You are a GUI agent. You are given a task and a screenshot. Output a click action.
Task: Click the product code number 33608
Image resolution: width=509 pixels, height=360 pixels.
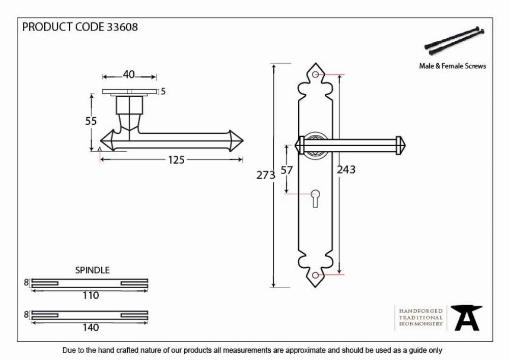tap(122, 27)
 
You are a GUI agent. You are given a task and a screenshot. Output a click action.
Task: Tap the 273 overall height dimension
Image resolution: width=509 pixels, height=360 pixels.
tap(266, 175)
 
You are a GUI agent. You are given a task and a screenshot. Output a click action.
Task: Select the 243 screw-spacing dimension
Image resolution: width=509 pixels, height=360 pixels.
tap(346, 170)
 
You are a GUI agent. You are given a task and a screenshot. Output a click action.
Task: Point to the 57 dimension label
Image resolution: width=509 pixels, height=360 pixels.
tap(287, 170)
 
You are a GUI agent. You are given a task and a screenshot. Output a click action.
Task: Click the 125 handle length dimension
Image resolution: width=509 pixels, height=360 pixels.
tap(176, 160)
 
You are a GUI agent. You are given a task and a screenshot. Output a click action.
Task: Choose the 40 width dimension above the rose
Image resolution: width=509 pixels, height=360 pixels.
tap(129, 75)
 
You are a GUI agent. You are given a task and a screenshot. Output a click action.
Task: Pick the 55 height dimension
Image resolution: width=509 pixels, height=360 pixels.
tap(91, 121)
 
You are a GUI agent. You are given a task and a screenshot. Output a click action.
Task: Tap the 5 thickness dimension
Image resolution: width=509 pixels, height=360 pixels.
tap(163, 92)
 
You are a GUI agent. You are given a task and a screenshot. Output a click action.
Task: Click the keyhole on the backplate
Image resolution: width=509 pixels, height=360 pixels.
tap(315, 199)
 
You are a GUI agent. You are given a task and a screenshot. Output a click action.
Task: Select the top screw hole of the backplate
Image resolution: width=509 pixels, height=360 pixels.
tap(315, 74)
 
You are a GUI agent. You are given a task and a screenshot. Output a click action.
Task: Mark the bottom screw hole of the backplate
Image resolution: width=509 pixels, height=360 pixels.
tap(315, 275)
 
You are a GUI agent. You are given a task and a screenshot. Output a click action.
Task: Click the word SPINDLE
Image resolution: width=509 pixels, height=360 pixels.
tap(92, 270)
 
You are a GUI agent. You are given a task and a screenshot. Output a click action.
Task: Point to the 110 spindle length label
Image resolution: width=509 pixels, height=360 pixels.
tap(91, 295)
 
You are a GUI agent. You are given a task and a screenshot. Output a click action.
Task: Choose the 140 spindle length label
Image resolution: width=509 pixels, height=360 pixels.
tap(91, 327)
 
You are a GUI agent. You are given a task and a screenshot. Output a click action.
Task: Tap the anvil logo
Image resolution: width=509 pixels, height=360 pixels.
tap(467, 318)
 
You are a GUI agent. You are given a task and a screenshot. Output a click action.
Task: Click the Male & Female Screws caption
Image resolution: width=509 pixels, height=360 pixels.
tap(453, 66)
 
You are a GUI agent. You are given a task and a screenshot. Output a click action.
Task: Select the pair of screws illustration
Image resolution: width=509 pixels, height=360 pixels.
tap(454, 41)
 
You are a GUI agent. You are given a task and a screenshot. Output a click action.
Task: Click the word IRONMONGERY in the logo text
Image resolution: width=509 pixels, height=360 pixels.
tap(421, 324)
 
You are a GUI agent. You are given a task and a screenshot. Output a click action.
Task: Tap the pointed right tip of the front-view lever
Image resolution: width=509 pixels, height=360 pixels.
tap(406, 145)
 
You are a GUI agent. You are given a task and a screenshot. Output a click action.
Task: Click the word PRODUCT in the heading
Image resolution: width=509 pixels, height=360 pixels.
tap(47, 27)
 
